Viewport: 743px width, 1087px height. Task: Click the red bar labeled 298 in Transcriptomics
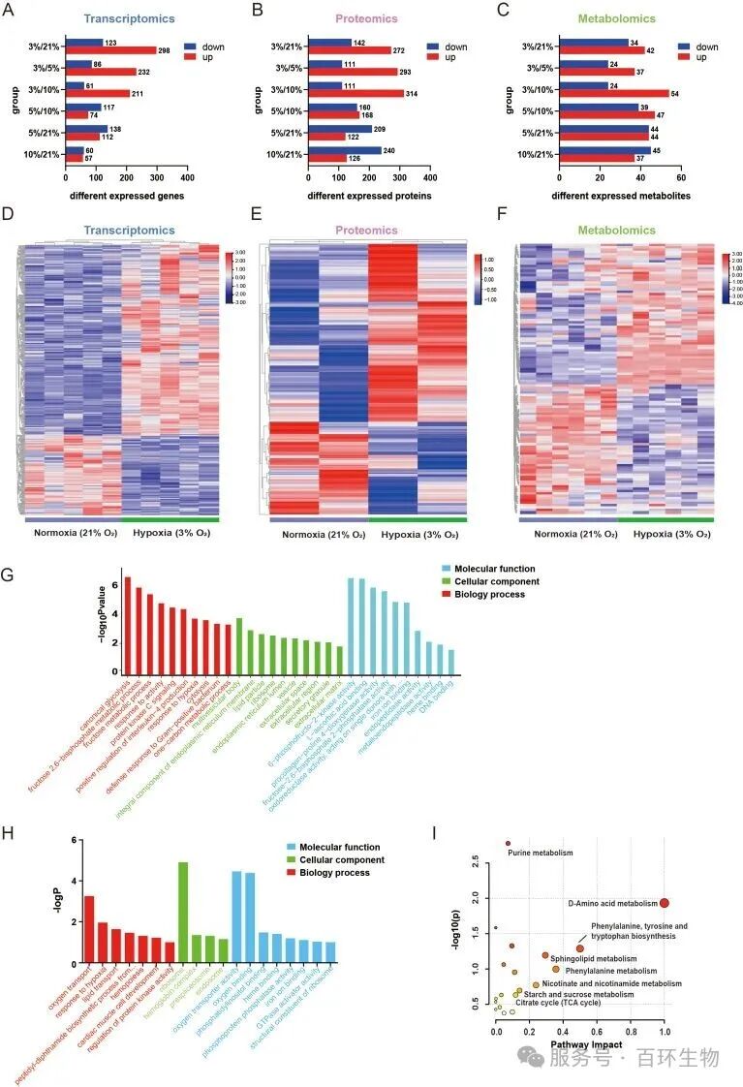(x=110, y=50)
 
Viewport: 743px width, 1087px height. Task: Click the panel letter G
(x=8, y=574)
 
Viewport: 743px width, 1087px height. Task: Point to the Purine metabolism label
(x=541, y=853)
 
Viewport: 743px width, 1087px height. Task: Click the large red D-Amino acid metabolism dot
(x=665, y=903)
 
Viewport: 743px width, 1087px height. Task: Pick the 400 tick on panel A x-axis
(x=187, y=178)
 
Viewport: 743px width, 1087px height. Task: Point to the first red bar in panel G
(x=127, y=625)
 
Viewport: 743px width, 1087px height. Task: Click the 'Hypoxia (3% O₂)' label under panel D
(x=170, y=533)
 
